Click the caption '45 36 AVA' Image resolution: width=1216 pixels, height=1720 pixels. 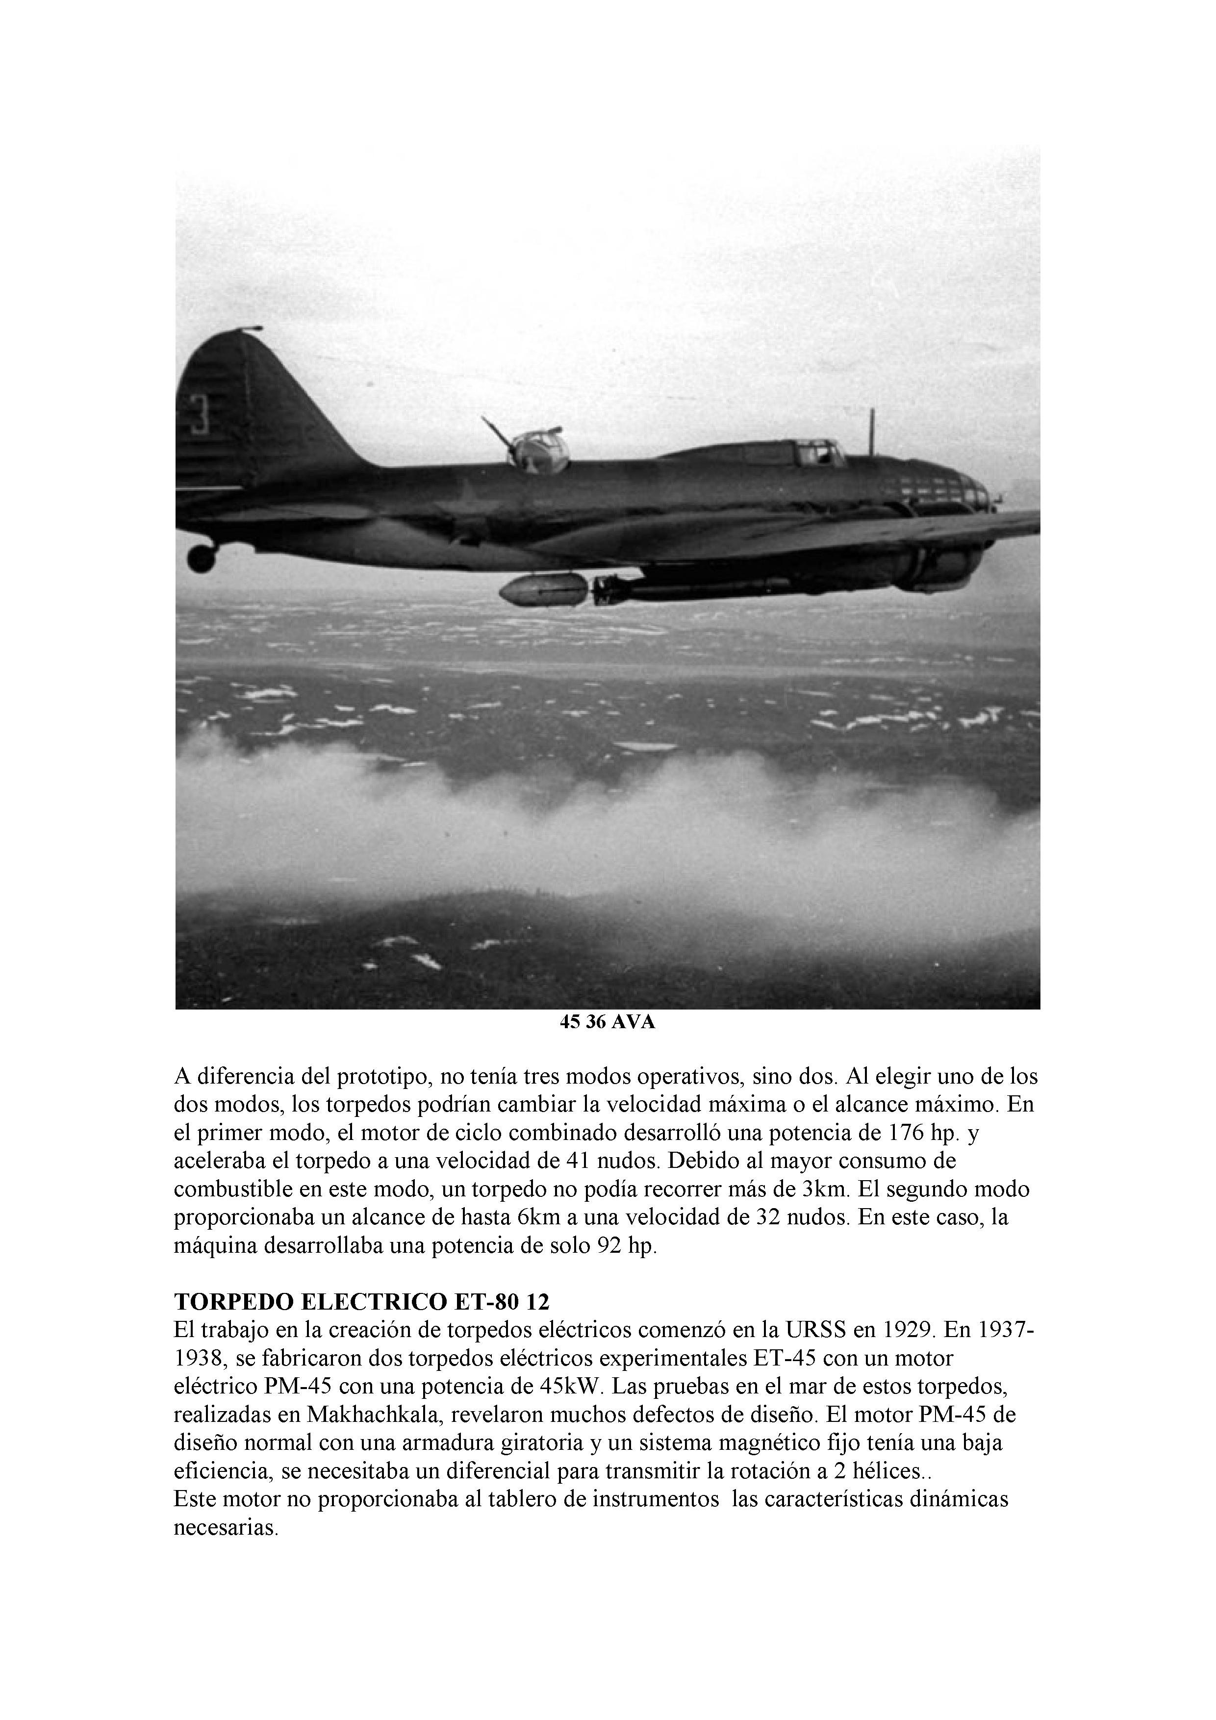click(607, 1023)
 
